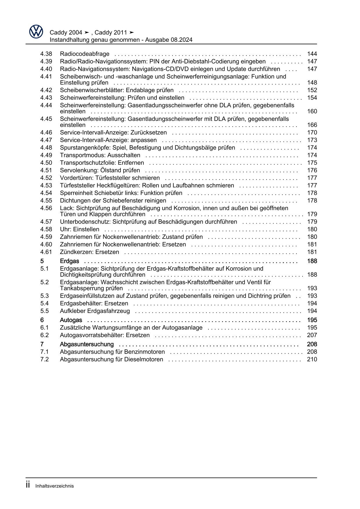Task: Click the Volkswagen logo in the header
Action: [x=36, y=32]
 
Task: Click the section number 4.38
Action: [x=46, y=54]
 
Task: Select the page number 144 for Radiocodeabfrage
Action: [x=312, y=54]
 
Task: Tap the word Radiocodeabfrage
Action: [x=84, y=54]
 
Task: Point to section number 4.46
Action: [x=46, y=132]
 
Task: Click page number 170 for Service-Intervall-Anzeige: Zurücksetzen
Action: [x=312, y=132]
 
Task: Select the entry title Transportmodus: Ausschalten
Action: [x=100, y=155]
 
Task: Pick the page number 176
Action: [x=312, y=170]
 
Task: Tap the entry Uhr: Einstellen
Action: [x=79, y=229]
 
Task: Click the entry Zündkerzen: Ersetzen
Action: [x=89, y=252]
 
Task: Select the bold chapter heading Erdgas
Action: [x=69, y=261]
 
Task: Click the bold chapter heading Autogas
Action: [x=71, y=320]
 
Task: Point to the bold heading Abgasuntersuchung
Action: [x=87, y=344]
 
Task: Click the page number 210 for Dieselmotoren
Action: [x=312, y=359]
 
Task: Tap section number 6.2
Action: [x=44, y=335]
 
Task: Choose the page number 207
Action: [x=312, y=335]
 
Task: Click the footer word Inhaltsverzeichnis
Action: [x=55, y=486]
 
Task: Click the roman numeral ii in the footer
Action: [x=28, y=485]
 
